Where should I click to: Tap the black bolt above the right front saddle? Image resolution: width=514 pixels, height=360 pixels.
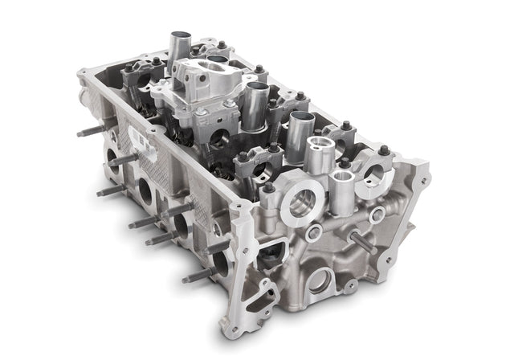coord(384,150)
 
